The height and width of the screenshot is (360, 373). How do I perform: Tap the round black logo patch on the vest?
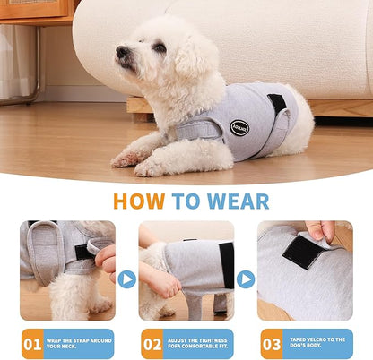point(238,128)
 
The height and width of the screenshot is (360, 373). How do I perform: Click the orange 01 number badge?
point(33,344)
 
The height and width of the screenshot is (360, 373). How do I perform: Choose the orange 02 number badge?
point(152,344)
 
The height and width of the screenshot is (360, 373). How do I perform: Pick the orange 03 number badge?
point(272,344)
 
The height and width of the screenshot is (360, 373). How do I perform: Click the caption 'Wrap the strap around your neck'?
point(80,344)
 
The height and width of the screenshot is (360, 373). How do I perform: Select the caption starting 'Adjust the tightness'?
point(199,344)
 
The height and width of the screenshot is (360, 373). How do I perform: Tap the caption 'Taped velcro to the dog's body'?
point(318,344)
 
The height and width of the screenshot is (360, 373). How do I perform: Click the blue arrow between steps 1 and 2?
point(126,279)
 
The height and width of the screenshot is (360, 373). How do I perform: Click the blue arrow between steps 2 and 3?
point(246,279)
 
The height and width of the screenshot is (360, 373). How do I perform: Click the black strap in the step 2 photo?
point(227,265)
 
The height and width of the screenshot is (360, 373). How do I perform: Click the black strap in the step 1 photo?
point(84,252)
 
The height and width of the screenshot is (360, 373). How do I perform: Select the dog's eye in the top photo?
point(159,47)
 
